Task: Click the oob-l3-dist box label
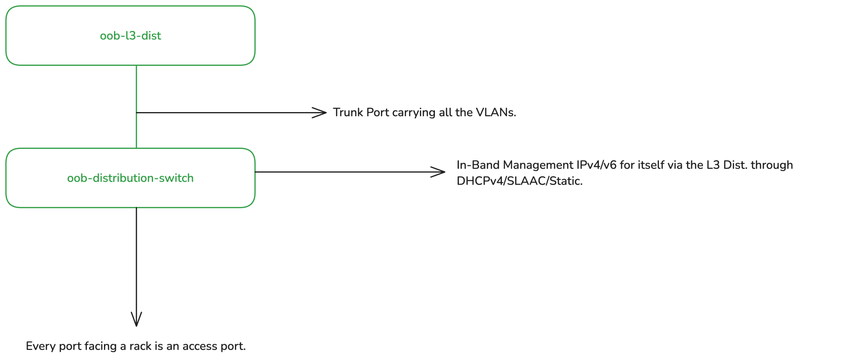[130, 36]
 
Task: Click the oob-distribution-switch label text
[130, 178]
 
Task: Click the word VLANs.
[496, 112]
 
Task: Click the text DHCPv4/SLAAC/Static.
[519, 181]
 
